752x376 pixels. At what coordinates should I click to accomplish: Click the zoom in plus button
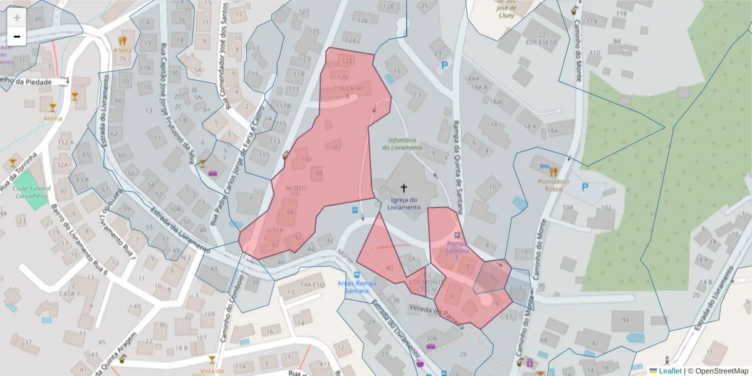[17, 18]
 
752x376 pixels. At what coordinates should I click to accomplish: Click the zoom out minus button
[17, 37]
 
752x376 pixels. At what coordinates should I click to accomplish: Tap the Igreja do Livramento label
[404, 203]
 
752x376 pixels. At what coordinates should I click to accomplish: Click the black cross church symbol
[404, 187]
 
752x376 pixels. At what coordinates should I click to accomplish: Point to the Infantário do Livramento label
[402, 144]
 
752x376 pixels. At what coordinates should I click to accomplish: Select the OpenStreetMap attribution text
[721, 371]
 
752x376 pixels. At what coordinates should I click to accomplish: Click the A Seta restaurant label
[122, 50]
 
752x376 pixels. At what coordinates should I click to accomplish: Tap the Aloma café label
[53, 118]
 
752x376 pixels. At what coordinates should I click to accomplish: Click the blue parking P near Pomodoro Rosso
[585, 187]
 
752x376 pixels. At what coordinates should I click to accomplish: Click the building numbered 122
[346, 61]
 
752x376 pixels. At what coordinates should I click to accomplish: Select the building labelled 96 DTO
[295, 188]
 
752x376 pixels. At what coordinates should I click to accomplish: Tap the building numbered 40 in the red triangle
[389, 268]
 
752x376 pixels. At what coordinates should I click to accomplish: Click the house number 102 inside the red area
[335, 148]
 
